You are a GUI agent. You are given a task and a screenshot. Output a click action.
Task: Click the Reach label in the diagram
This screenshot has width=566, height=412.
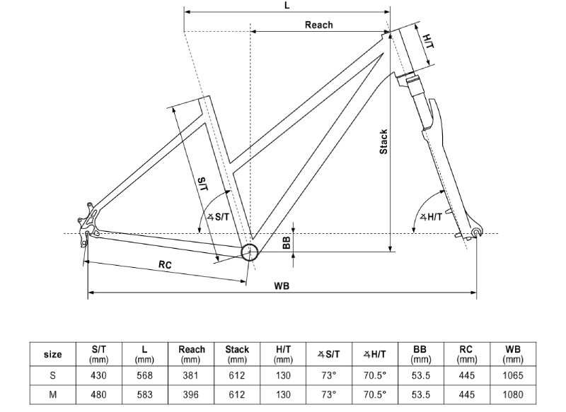(x=318, y=25)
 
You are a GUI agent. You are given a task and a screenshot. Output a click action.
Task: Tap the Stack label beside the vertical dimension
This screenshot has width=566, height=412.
(x=383, y=141)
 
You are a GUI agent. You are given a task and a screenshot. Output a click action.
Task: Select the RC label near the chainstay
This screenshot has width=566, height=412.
(x=164, y=265)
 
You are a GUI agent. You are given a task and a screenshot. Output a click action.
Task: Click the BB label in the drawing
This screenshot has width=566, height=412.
(x=287, y=242)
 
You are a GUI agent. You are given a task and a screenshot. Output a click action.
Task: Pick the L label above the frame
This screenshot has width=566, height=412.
(x=287, y=6)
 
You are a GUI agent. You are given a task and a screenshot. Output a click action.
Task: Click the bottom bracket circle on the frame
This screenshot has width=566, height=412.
(x=250, y=252)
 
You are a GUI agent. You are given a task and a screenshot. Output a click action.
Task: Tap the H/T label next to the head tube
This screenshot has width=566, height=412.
(x=428, y=42)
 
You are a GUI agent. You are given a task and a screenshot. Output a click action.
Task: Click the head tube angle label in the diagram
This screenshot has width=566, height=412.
(x=430, y=217)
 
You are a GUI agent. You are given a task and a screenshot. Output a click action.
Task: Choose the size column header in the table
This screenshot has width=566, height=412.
(x=53, y=354)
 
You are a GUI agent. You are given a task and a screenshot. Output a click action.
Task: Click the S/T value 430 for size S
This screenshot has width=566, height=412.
(x=99, y=375)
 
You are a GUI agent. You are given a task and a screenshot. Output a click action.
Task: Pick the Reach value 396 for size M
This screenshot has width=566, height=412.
(x=191, y=394)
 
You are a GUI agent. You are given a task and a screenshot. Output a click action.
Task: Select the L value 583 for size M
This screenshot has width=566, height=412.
(x=145, y=394)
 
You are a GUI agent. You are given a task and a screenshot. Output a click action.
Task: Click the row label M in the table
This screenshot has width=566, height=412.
(x=53, y=394)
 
